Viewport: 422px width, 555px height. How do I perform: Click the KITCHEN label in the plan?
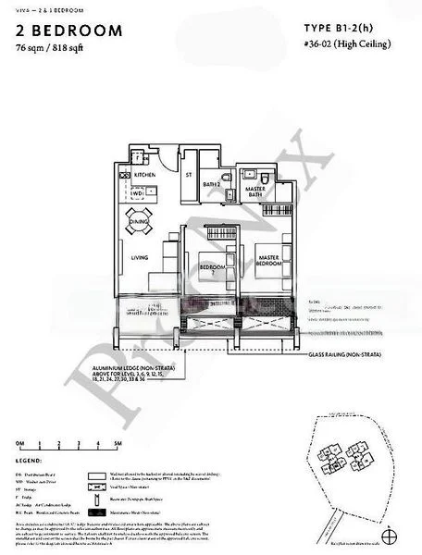point(144,174)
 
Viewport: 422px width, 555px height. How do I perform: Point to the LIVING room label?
point(140,257)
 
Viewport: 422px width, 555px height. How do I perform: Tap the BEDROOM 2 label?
point(211,266)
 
